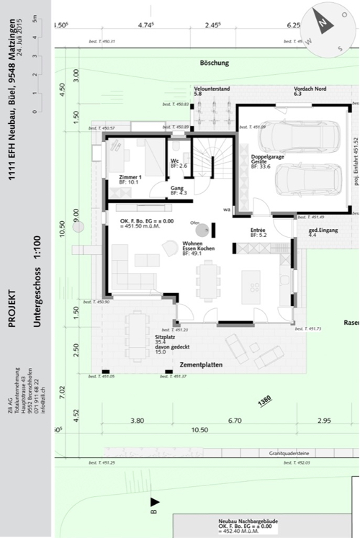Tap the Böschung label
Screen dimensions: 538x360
(x=214, y=63)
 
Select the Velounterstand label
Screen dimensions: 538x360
(x=212, y=89)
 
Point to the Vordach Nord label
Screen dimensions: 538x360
(x=310, y=89)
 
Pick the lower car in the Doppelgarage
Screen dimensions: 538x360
(x=310, y=179)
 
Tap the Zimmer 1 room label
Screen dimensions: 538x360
(x=130, y=176)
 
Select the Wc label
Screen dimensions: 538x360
(x=175, y=161)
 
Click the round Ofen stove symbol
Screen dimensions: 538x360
(x=204, y=230)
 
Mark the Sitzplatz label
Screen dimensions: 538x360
(x=165, y=337)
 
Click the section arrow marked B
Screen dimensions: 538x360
(x=153, y=502)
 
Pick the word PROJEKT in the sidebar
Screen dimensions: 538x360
(x=12, y=308)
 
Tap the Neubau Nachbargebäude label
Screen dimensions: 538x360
(x=248, y=520)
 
